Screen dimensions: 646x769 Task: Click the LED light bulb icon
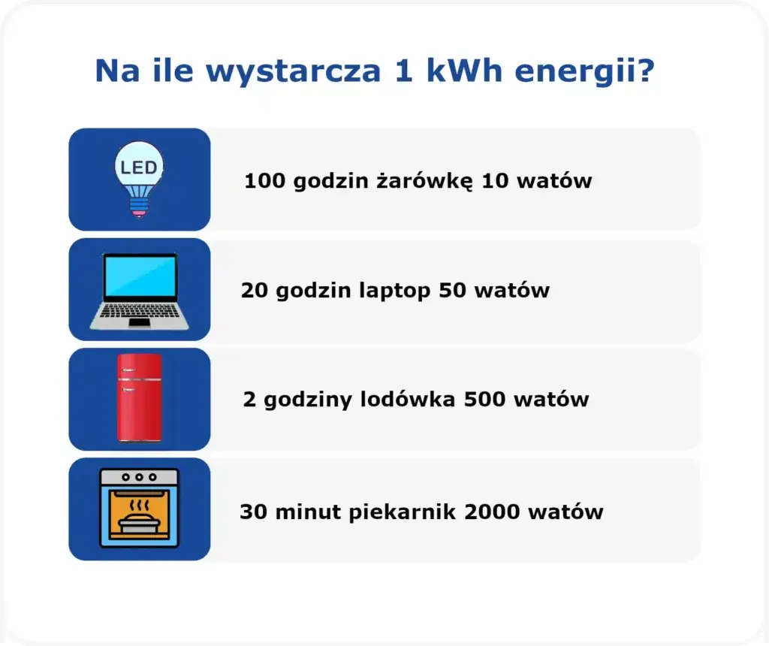coord(139,179)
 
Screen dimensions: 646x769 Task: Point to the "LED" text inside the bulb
coord(139,167)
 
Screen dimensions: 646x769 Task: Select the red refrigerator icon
coord(139,397)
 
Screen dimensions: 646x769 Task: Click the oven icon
coord(139,508)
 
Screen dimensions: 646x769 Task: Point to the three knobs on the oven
coord(139,477)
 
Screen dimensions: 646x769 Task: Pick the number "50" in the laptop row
coord(452,290)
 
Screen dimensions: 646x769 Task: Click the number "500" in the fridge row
coord(484,399)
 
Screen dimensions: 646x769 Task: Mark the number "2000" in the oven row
coord(493,512)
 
